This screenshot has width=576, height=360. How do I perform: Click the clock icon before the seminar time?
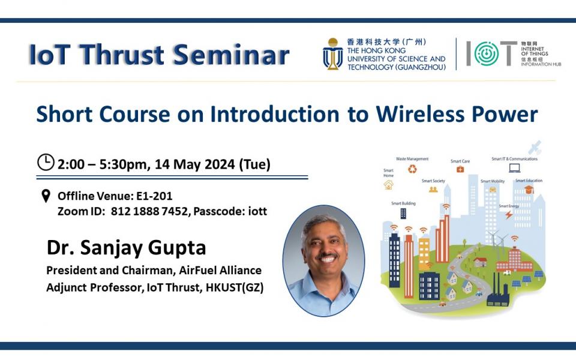46,162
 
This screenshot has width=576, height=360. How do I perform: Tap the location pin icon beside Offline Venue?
46,196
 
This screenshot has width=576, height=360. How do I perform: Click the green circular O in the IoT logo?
486,54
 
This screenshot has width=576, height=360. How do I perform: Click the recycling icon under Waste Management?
412,169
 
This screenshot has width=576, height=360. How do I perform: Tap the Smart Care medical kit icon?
460,170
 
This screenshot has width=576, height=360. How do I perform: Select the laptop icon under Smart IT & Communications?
514,169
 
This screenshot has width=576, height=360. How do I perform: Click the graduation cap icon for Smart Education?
529,190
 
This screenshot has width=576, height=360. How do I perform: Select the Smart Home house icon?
389,185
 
